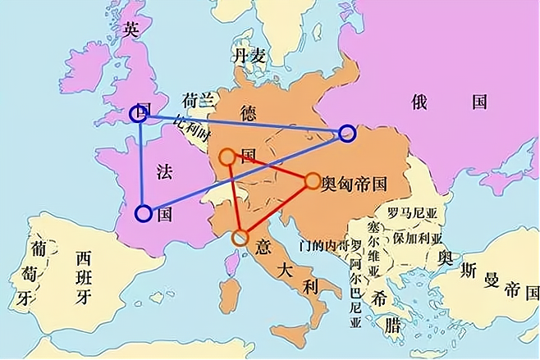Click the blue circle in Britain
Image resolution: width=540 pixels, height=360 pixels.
pos(140,114)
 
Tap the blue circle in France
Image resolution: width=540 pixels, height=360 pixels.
pos(144,214)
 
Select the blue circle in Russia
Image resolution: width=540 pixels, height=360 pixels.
pos(346,132)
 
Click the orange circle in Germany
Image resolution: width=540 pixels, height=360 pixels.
pos(227,155)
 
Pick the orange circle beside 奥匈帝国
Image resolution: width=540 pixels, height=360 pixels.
pos(313,180)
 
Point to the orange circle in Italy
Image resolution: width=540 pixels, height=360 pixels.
pos(240,238)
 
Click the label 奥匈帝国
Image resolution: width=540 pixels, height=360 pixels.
pos(354,182)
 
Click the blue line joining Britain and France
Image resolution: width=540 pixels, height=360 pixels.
pos(142,164)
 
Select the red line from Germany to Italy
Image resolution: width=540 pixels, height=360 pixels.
pos(234,197)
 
